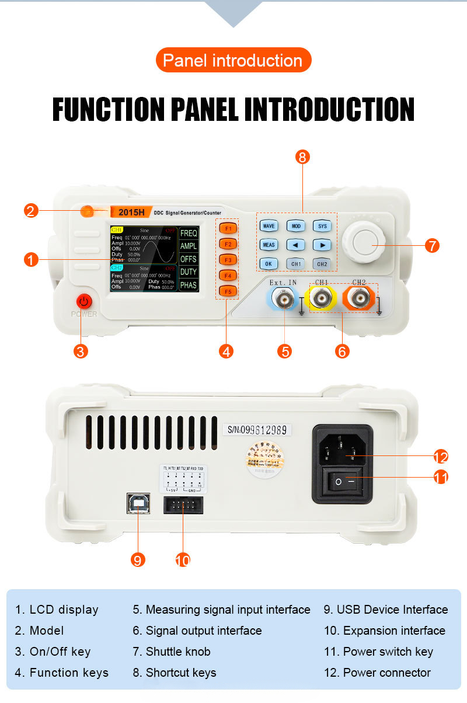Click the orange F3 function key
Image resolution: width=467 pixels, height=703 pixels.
[x=228, y=259]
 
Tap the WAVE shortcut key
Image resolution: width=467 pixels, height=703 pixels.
[x=269, y=226]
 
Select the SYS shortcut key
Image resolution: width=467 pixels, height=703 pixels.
[x=322, y=226]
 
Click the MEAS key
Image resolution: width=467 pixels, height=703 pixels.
[x=269, y=245]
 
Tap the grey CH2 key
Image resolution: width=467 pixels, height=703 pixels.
[x=322, y=264]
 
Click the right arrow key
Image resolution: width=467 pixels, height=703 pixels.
[x=322, y=245]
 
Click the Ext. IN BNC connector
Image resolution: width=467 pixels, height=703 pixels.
[x=283, y=300]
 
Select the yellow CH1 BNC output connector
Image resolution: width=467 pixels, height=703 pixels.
[x=321, y=300]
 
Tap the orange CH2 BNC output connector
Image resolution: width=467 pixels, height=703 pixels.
[x=358, y=300]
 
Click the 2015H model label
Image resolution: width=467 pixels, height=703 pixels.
[x=131, y=213]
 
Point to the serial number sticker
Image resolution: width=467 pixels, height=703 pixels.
[x=257, y=430]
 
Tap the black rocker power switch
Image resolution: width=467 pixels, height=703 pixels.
[x=343, y=482]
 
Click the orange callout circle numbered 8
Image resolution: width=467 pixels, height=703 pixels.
[x=302, y=156]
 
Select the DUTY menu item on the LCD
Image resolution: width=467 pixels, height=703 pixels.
[x=189, y=272]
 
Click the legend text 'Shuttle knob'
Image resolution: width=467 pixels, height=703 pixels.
[x=177, y=652]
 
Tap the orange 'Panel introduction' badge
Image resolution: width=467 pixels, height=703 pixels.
[x=233, y=60]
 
